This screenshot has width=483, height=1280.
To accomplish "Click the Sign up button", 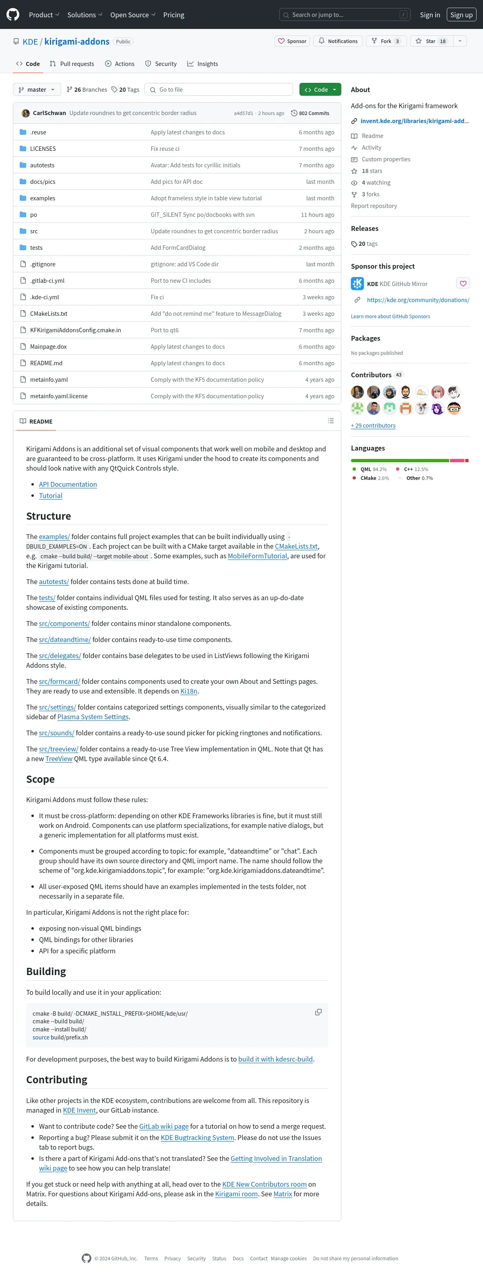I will pos(461,15).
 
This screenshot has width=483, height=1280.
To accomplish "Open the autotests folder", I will pos(42,165).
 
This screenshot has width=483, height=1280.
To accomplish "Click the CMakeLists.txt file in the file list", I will pos(49,313).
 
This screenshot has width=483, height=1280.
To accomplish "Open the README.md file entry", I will pos(46,363).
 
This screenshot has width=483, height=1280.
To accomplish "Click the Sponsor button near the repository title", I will pos(292,41).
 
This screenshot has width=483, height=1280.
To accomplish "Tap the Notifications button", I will pos(338,41).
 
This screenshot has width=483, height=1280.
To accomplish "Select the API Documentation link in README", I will pos(68,484).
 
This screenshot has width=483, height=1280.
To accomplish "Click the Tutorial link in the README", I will pos(51,496).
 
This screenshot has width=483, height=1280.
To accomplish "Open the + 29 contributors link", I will pos(373,426).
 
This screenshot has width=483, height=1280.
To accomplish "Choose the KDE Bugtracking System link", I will pos(197,1138).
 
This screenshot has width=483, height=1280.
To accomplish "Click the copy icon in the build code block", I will pos(318,1012).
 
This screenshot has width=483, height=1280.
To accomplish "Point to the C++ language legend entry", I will pos(412,469).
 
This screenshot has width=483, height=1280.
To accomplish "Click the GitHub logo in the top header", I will pos(13,15).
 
